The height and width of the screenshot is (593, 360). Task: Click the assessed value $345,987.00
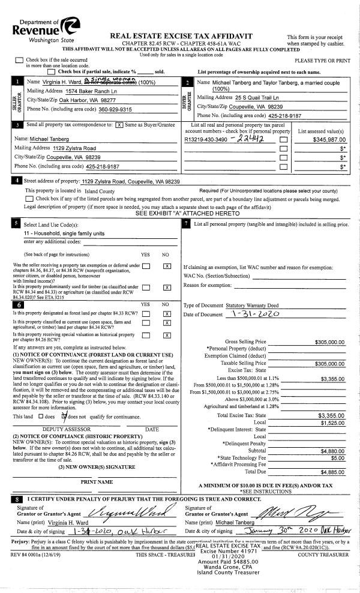pos(328,139)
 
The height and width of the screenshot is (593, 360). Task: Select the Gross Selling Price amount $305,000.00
pos(329,342)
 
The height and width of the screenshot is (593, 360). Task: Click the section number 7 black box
pos(187,223)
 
